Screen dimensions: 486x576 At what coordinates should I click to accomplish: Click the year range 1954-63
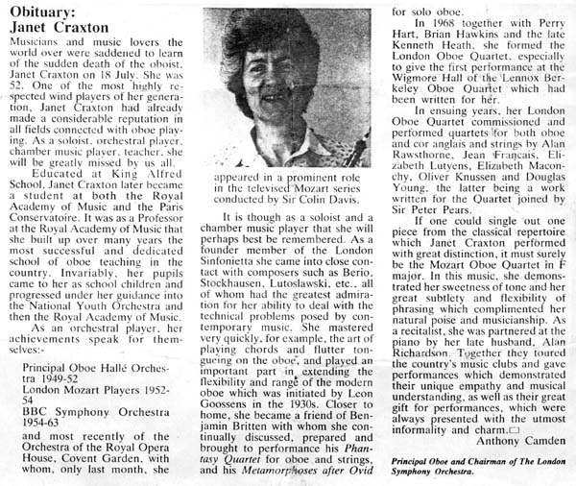tap(55, 418)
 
